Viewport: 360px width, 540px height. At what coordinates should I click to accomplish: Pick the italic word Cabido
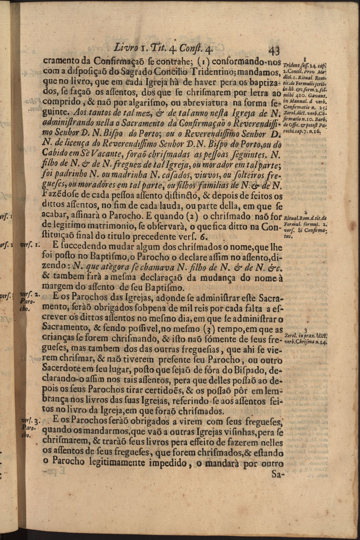pos(56,154)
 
